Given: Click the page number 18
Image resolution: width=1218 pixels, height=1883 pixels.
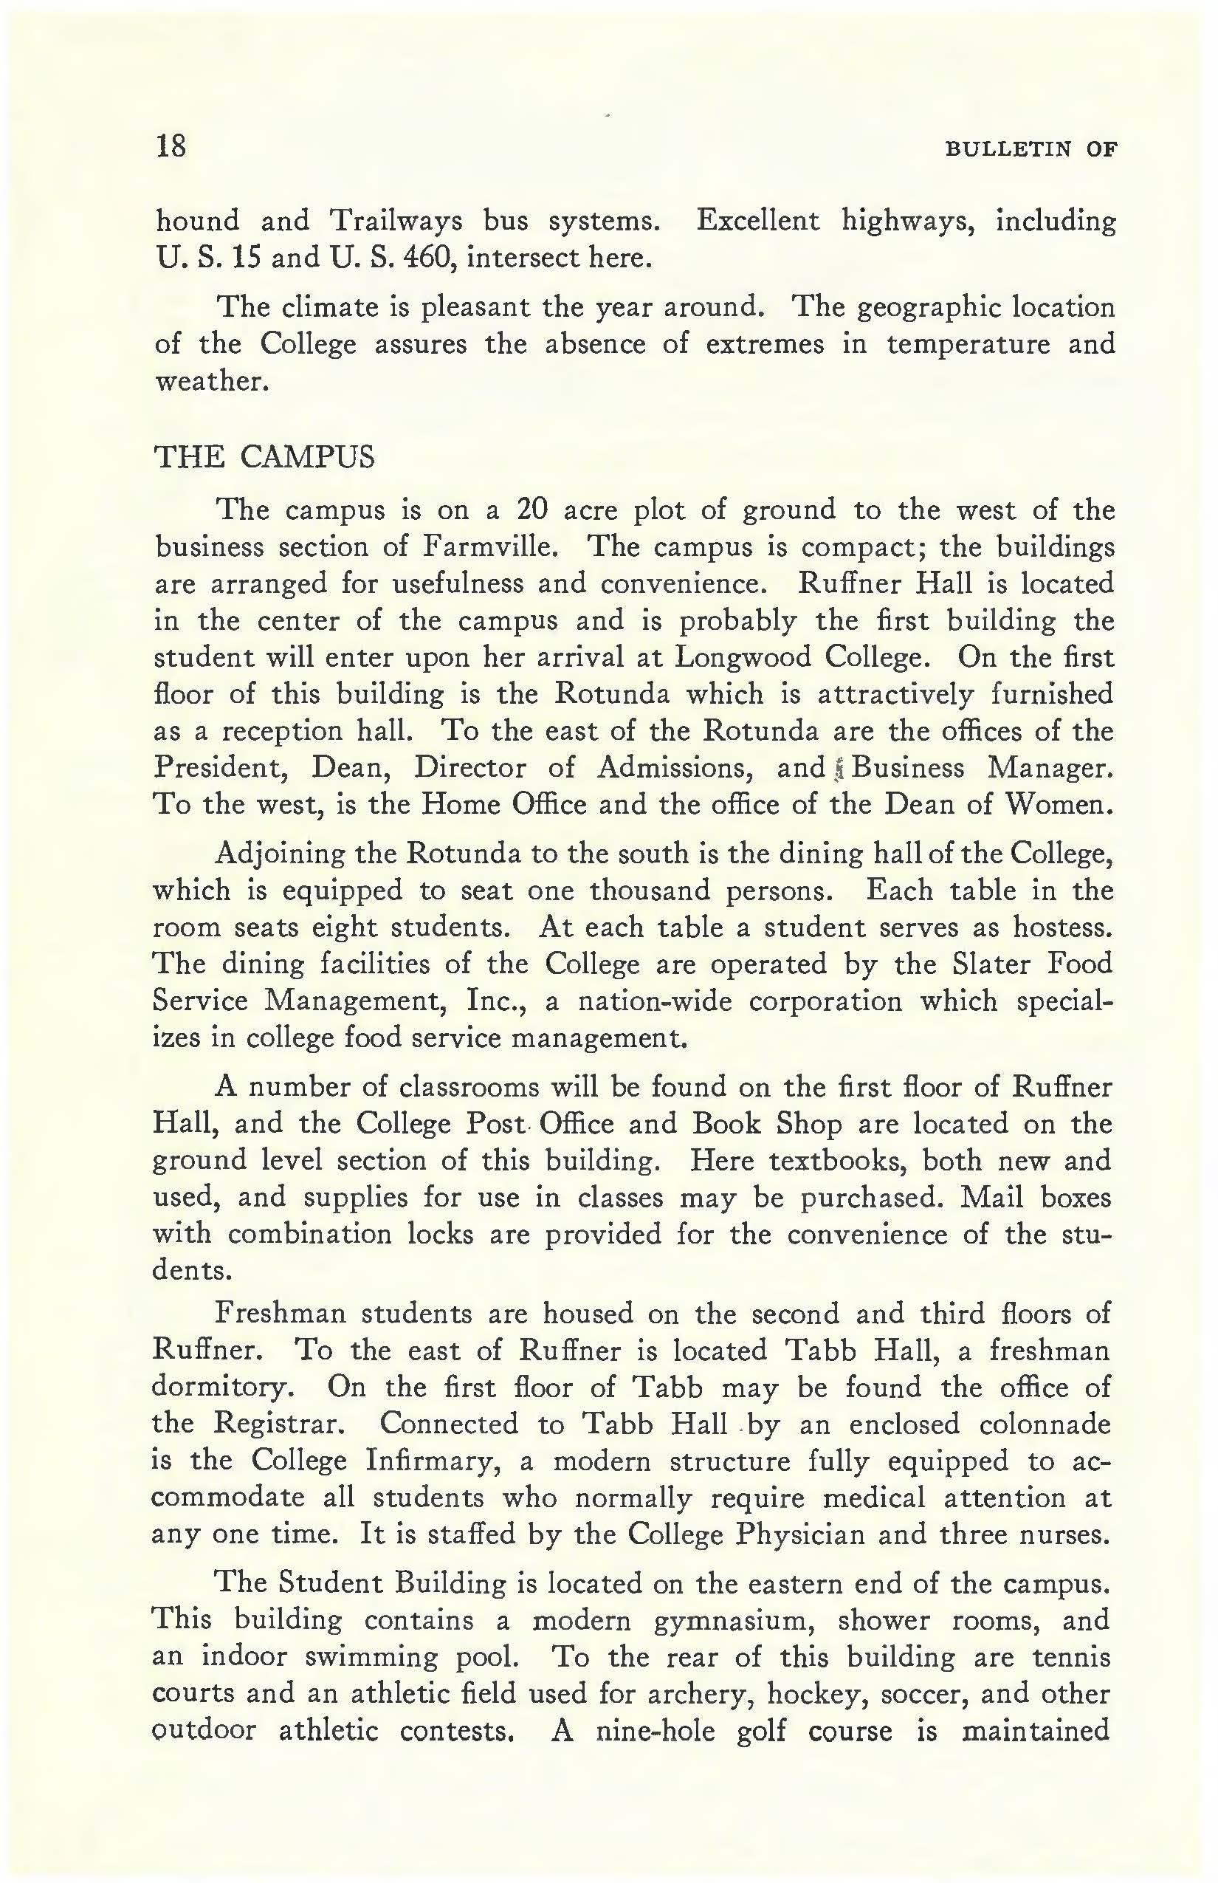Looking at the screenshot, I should click(x=171, y=145).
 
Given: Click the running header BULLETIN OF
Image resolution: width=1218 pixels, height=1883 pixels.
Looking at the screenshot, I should click(x=1031, y=148).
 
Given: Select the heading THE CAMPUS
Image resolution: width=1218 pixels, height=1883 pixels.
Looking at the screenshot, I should click(x=264, y=457).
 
